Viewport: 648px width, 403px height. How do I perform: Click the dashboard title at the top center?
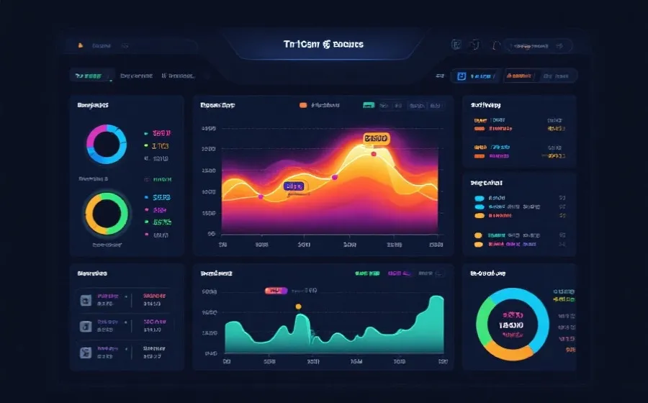[323, 45]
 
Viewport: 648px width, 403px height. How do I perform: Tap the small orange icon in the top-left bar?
[80, 45]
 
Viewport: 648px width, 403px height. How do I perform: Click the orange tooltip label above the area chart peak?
[376, 138]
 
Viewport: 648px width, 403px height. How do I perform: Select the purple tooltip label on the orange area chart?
[294, 186]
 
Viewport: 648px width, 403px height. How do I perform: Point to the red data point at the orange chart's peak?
[373, 153]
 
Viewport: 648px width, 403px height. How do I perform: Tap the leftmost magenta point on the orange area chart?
[261, 196]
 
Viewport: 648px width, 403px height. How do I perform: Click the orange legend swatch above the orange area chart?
[302, 105]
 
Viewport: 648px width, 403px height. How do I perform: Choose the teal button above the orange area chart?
[368, 105]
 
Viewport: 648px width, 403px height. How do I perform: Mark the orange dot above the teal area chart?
[298, 307]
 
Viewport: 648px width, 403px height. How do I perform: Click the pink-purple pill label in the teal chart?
[276, 291]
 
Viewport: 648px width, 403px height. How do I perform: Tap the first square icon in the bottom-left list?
[85, 299]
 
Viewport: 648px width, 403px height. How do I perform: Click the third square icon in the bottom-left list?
[85, 352]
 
